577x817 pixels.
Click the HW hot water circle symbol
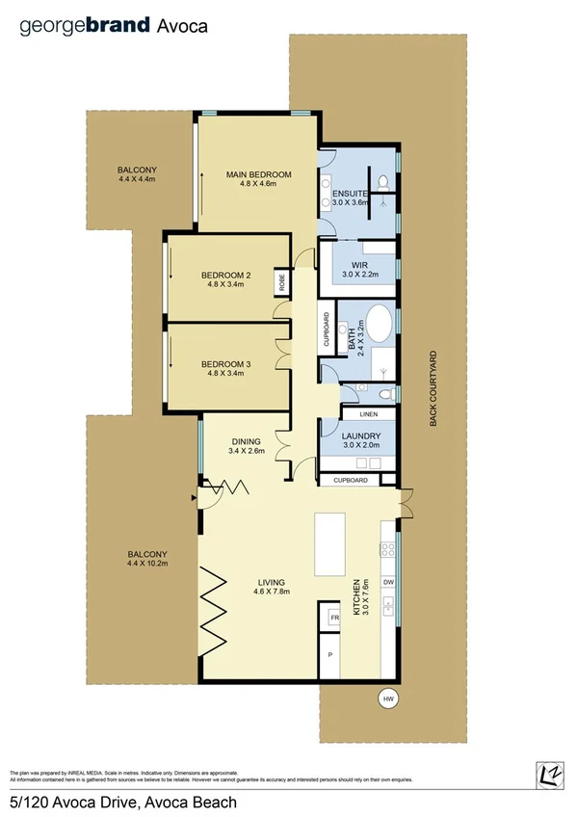[x=388, y=698]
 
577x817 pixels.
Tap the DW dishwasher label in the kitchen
[x=388, y=582]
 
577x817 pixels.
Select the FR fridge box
[x=335, y=618]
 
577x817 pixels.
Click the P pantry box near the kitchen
[x=330, y=655]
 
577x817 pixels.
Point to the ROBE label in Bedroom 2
[x=282, y=281]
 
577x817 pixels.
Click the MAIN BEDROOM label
[x=258, y=174]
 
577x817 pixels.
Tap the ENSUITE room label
[x=350, y=194]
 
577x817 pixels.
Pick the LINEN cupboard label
[x=368, y=414]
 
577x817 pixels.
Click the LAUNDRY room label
[x=362, y=435]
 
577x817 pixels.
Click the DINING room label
[x=246, y=441]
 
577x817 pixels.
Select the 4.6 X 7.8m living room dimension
[x=273, y=592]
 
